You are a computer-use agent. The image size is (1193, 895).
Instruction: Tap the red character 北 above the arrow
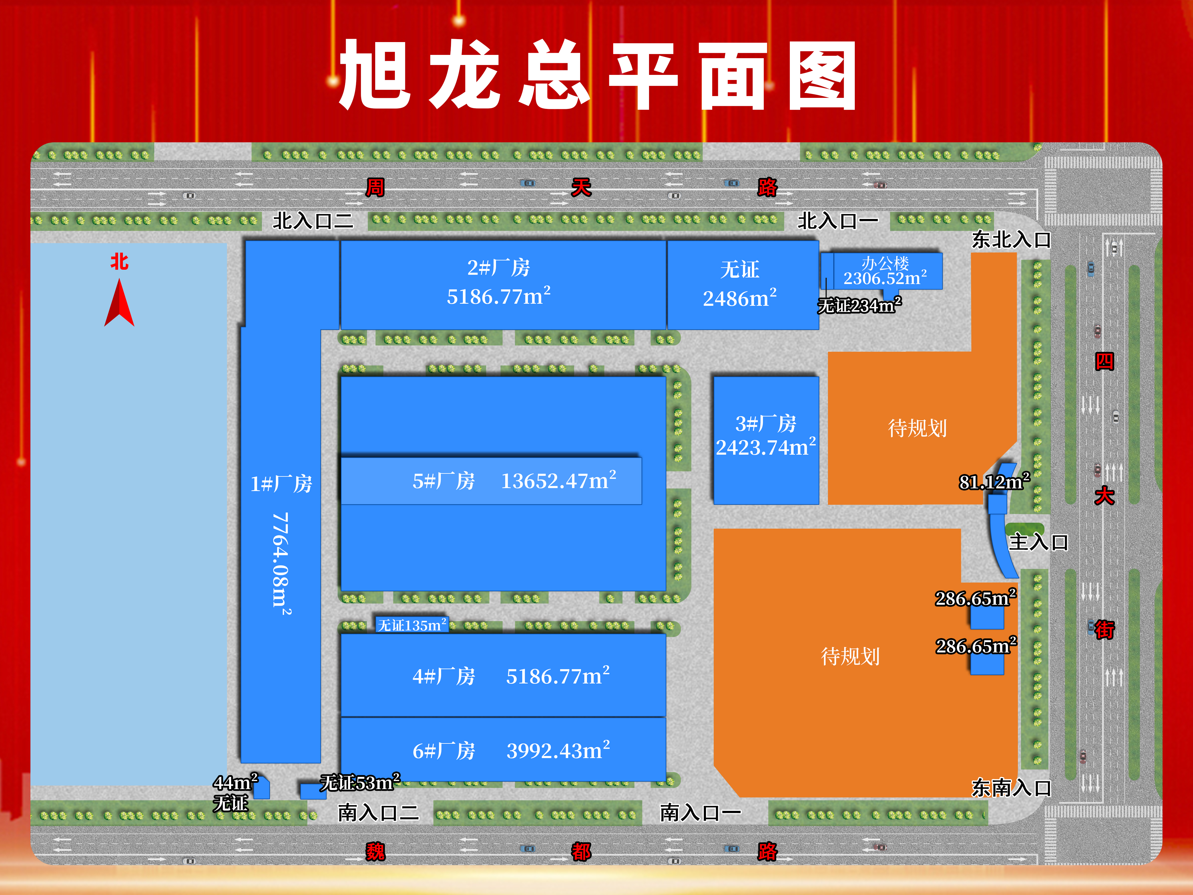coord(119,262)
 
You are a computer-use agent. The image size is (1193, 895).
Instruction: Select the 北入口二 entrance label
coord(313,221)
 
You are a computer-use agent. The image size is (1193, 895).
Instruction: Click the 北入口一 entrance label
coord(837,221)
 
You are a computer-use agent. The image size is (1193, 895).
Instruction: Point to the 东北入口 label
coord(1011,240)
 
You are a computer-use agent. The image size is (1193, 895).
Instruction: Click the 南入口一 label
coord(700,812)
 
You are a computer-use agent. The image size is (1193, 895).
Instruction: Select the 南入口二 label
coord(378,812)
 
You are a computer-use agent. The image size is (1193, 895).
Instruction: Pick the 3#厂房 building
coord(766,440)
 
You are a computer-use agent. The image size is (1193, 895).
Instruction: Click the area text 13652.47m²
coord(559,480)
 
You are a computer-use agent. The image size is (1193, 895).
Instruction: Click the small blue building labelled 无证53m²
coord(313,791)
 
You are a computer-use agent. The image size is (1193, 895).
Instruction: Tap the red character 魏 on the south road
coord(375,852)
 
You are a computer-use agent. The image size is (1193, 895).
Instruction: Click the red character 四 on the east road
coord(1104,362)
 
